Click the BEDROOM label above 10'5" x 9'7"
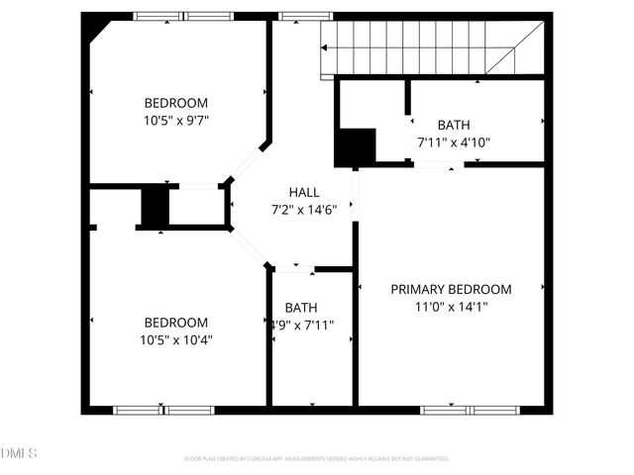click(176, 103)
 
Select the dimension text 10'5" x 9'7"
click(176, 120)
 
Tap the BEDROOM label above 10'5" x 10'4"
click(176, 323)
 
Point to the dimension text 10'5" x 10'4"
click(176, 339)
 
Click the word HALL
click(304, 192)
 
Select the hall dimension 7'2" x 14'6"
click(304, 209)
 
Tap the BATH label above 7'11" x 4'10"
click(454, 125)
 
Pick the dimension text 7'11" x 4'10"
click(454, 142)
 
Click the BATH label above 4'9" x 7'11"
click(301, 308)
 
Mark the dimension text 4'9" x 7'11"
click(303, 325)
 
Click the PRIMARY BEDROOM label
click(451, 289)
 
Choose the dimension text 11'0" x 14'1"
click(451, 307)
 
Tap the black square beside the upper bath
click(355, 147)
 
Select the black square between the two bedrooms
click(155, 206)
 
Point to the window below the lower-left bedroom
click(163, 410)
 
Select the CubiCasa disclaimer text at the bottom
click(317, 459)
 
